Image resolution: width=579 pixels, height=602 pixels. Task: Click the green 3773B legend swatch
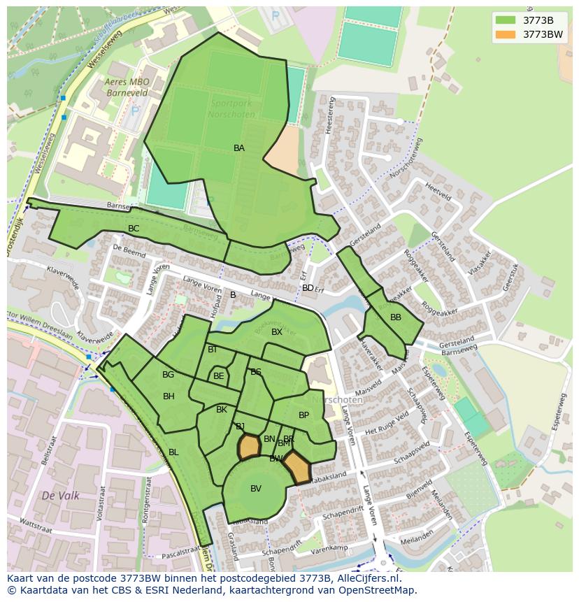505,20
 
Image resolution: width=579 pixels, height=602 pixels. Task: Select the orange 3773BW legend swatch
505,34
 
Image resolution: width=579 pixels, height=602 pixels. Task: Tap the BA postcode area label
239,148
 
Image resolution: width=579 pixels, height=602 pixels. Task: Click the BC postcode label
134,229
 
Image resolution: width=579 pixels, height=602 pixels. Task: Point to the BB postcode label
396,317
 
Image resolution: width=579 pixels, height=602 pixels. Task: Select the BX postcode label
277,332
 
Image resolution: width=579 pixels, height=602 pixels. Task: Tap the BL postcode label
173,452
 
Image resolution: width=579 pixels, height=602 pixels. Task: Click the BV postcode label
256,489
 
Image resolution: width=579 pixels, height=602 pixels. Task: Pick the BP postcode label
303,415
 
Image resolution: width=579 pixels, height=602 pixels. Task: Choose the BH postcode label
169,396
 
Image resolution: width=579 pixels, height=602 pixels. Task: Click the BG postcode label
168,375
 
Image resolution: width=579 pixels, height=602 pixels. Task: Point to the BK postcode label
222,410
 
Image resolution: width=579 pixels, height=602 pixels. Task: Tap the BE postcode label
219,376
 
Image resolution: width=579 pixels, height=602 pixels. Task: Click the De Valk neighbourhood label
60,496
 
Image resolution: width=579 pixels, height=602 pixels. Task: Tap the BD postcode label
308,288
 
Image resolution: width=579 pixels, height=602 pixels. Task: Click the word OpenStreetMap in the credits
378,590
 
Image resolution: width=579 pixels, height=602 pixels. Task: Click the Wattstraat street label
36,522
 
